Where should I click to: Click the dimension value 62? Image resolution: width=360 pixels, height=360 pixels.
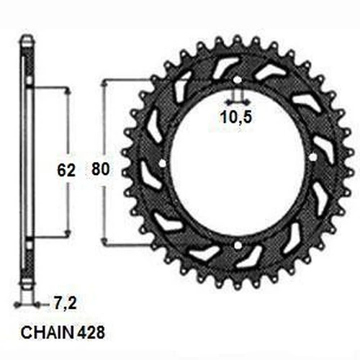[66, 170]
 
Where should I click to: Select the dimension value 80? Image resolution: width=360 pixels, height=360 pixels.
[101, 169]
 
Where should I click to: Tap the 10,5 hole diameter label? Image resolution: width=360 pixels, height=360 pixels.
[236, 117]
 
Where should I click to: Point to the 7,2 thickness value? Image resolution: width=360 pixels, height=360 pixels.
[65, 303]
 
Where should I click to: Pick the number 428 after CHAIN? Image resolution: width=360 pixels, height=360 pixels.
[91, 332]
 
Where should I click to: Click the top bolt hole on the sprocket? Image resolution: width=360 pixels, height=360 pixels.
[238, 80]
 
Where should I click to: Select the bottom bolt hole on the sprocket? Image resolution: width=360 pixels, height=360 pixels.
[238, 246]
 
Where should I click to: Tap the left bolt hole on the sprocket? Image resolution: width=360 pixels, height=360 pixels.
[162, 163]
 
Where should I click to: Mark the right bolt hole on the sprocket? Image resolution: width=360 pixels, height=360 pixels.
[312, 158]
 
